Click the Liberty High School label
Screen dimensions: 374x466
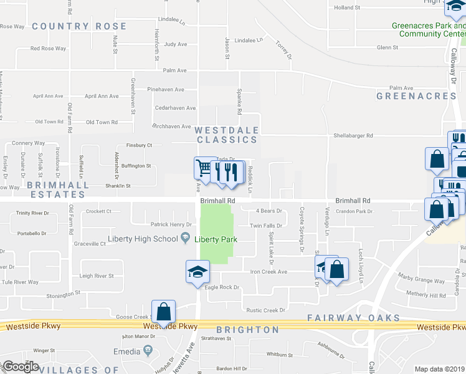click(143, 239)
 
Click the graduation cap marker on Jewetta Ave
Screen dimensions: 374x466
click(197, 272)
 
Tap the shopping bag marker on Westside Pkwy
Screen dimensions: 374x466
click(163, 312)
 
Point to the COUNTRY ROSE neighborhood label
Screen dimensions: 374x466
click(79, 26)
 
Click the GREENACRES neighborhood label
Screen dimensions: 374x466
click(416, 96)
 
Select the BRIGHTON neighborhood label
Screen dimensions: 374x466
click(247, 329)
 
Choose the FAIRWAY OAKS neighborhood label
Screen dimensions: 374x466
click(353, 318)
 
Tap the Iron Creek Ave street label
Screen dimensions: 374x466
click(269, 272)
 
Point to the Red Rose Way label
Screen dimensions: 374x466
click(48, 49)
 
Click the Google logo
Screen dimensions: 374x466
click(20, 367)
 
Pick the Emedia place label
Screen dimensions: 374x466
click(126, 352)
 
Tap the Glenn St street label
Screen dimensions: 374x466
click(387, 47)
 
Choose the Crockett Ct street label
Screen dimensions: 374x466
click(98, 211)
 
